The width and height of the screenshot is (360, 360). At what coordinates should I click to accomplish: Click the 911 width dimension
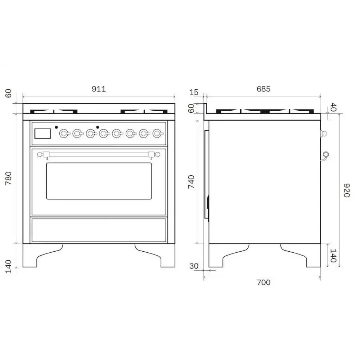point(98,89)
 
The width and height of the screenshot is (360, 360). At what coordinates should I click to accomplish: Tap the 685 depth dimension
point(263,89)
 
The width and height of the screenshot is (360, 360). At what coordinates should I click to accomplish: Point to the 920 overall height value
point(346,190)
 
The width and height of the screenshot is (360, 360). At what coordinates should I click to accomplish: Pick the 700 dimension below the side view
point(263,283)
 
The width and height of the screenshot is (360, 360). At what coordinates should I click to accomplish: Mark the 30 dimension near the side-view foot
point(194,266)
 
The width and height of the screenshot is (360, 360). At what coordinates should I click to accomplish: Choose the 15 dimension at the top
point(194,93)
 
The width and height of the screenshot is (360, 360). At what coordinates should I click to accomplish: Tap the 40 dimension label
point(333,107)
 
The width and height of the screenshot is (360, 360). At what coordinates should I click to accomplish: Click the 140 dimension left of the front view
point(9,266)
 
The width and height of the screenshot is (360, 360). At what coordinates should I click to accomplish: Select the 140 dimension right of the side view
point(333,255)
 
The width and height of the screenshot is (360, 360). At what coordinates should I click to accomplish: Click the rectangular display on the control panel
point(42,134)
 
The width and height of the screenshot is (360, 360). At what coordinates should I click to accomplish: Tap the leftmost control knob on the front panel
point(64,134)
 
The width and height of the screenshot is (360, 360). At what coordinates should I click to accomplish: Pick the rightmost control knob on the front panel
point(157,134)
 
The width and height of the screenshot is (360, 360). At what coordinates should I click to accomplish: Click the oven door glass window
point(99,181)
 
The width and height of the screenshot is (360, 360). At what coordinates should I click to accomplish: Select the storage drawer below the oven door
point(99,230)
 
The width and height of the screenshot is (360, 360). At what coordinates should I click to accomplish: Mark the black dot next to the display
point(56,127)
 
